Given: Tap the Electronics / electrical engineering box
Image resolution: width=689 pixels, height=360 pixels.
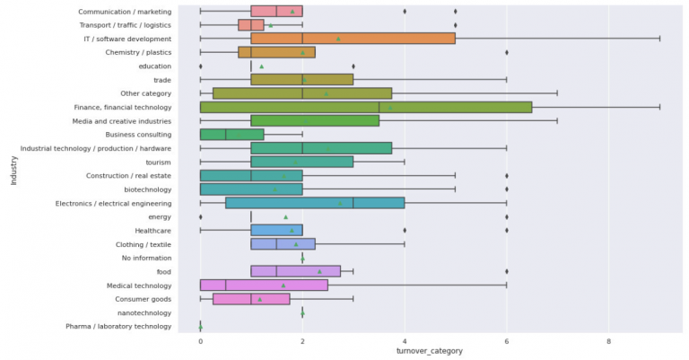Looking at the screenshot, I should coord(315,203).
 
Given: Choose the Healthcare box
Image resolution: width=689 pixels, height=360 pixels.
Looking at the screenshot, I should coord(276,230).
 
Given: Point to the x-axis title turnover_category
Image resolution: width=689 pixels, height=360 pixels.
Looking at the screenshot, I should coord(429,351).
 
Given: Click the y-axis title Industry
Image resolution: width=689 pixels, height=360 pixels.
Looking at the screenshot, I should coord(13,169).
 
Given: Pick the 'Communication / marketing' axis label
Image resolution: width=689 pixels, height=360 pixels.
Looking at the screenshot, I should coord(126,12).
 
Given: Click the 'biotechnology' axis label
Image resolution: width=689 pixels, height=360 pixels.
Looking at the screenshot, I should coord(147,189).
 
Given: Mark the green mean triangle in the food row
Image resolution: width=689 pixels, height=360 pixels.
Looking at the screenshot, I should coord(319,271).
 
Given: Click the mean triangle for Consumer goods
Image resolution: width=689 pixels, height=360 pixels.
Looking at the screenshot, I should coord(260,299).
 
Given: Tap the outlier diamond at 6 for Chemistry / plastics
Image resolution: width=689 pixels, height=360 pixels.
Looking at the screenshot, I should coord(507,52).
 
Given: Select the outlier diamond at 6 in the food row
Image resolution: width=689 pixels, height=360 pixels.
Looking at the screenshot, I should coord(507,271).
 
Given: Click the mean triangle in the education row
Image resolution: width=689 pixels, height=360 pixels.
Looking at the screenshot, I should coord(261,66).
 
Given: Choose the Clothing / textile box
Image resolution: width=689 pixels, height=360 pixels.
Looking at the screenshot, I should coord(283,243).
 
